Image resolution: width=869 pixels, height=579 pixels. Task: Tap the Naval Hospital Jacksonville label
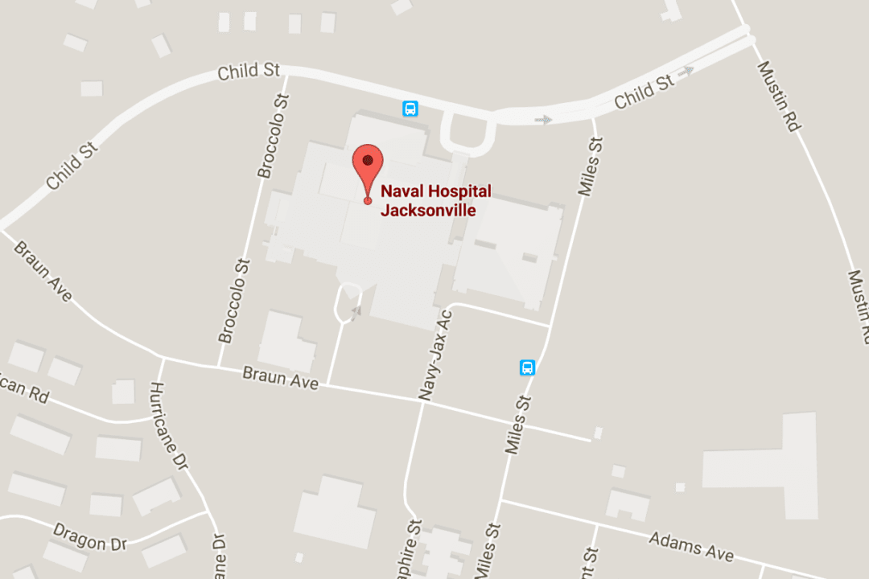tap(435, 201)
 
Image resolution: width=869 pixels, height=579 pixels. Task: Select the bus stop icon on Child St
tap(410, 109)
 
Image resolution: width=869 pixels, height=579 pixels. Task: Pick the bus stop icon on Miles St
tap(528, 368)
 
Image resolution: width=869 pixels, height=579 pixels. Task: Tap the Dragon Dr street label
tap(90, 536)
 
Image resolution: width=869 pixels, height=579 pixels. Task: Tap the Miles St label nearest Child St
tap(590, 166)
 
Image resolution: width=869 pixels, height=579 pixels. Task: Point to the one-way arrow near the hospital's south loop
tap(356, 310)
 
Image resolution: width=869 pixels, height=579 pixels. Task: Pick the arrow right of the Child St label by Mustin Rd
tap(686, 72)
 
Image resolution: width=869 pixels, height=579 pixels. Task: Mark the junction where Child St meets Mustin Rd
tap(748, 35)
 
